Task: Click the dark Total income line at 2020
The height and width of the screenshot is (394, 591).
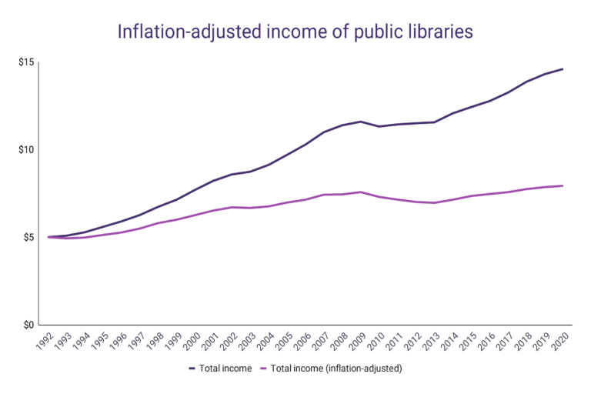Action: point(563,69)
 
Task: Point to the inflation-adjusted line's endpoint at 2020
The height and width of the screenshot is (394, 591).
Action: point(563,185)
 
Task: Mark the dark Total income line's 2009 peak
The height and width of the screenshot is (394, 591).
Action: point(361,122)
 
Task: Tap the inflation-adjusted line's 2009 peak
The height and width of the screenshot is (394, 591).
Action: point(361,192)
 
